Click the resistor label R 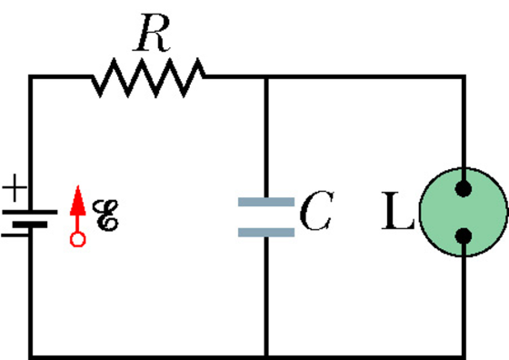point(152,33)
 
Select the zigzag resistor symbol point(148,77)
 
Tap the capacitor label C point(316,210)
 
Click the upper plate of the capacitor point(266,202)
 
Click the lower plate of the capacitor point(266,233)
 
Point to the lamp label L point(398,211)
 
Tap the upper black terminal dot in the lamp point(464,188)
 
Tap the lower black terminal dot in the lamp point(464,235)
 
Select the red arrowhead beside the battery point(78,201)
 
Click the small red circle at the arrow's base point(78,240)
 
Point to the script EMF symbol point(105,215)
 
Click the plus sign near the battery point(15,187)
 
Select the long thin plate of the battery point(30,212)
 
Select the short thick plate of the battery point(30,225)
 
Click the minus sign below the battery point(15,235)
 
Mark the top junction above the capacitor point(266,77)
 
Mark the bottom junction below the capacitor point(266,356)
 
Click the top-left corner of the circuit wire point(31,77)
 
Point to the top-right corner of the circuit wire point(464,77)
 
